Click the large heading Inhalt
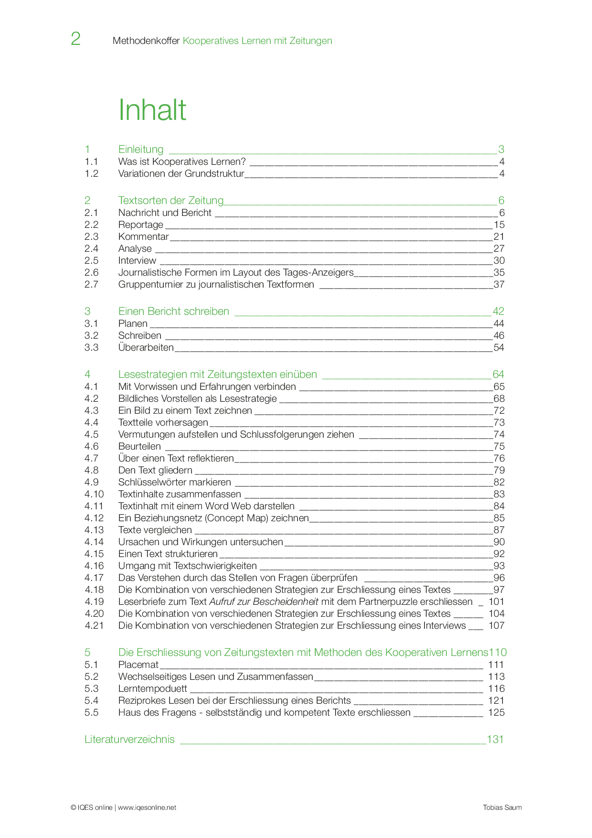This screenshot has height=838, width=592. point(152,110)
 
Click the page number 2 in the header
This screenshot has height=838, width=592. point(75,39)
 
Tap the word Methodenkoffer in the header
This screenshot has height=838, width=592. point(146,41)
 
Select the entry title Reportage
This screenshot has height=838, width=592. point(140,225)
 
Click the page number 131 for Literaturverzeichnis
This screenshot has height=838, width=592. point(495,740)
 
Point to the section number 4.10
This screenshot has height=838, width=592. point(94,494)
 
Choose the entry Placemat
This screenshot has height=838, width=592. point(138,665)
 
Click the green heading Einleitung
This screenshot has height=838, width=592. point(141,150)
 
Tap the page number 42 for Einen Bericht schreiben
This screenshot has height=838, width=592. point(498,312)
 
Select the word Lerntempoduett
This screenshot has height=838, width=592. point(153,689)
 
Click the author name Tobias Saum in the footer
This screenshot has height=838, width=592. point(502,807)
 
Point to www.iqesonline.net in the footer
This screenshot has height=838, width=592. point(147,807)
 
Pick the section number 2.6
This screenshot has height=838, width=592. point(92,273)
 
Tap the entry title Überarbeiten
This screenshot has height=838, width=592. point(146,347)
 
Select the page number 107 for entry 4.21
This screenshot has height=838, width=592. point(496,626)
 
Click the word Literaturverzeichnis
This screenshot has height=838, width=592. point(129,740)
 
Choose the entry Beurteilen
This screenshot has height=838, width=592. point(139,447)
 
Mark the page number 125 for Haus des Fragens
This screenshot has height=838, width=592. point(496,713)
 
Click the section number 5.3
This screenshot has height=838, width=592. point(92,689)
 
